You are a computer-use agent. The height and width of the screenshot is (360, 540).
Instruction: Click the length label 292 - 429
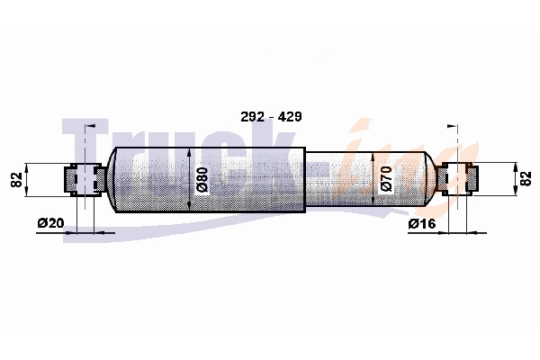point(271,117)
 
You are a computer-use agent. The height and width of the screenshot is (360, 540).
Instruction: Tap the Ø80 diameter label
point(202,179)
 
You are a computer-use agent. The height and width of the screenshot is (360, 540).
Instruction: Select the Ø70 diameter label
point(386,179)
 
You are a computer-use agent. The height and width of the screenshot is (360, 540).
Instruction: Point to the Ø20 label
point(50,223)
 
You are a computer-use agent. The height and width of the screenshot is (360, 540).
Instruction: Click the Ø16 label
point(422,223)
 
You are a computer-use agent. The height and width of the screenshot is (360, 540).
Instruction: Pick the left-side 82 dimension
point(16,179)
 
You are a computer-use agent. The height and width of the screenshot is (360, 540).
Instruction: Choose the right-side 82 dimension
point(526,179)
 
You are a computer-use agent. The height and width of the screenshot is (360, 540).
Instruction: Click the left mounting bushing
point(85,179)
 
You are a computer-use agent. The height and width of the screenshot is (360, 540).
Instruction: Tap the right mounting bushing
point(458,179)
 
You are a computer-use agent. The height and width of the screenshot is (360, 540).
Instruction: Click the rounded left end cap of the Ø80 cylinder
point(111,180)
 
